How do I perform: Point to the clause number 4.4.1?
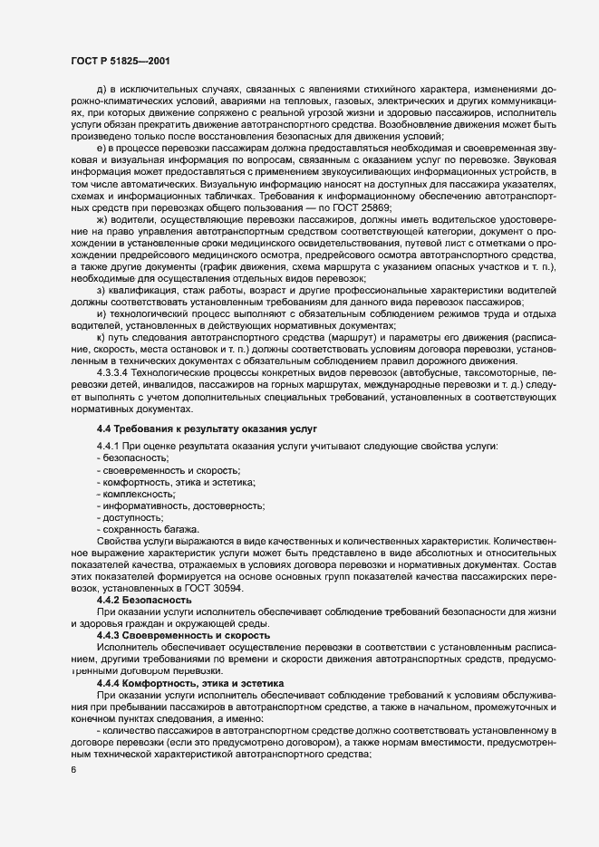click(107, 448)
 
